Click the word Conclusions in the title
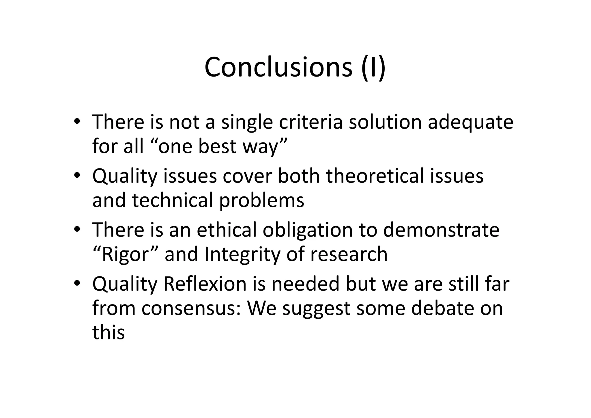278,67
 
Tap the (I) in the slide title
373,68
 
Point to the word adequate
470,122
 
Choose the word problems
262,201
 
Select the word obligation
308,230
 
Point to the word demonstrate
441,230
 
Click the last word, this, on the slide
109,332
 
